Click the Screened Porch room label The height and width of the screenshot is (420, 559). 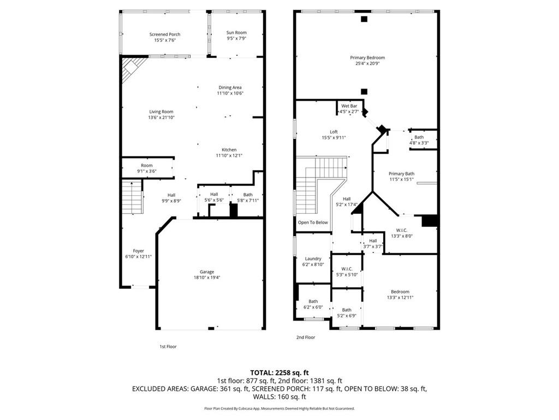[165, 34]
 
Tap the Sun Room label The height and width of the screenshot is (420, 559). [236, 33]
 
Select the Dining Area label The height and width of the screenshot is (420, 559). [230, 87]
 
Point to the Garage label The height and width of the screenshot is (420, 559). [206, 272]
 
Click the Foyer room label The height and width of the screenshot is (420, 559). [139, 251]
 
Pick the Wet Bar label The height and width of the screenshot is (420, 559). [349, 106]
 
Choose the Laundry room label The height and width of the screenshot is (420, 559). [313, 259]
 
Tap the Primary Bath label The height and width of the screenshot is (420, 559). [402, 173]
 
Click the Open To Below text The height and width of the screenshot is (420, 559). [313, 223]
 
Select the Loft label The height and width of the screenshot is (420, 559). [334, 132]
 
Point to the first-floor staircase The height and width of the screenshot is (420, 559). [132, 197]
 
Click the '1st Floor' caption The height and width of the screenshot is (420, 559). [168, 347]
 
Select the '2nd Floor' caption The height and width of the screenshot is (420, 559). [306, 337]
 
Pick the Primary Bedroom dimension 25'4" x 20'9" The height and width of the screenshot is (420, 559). [367, 63]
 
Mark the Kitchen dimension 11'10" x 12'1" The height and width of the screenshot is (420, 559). [229, 155]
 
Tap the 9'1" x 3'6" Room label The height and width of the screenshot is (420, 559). [147, 171]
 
